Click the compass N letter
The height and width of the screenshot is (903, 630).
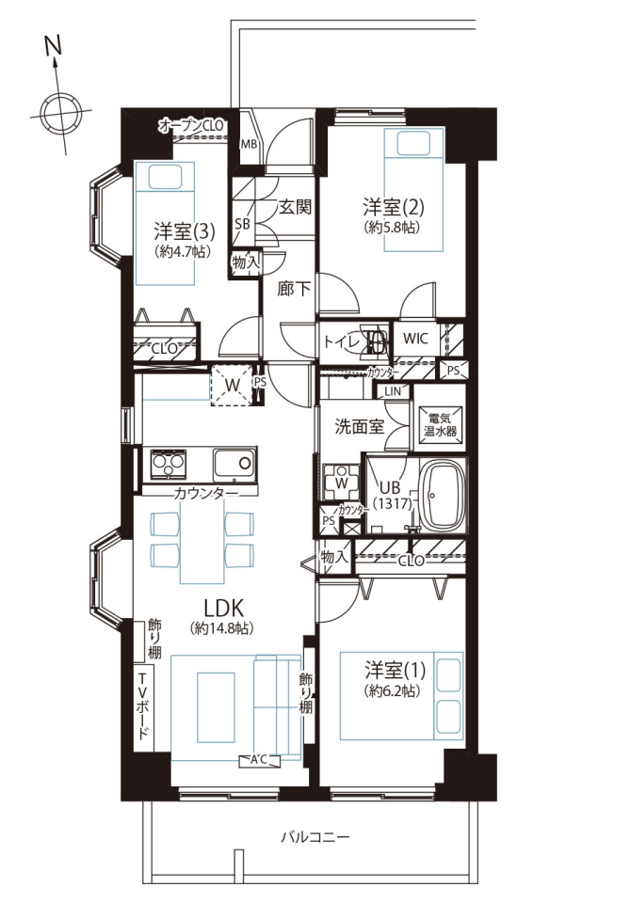[53, 47]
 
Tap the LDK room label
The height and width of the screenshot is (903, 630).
[223, 608]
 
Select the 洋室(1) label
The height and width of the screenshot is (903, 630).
[395, 671]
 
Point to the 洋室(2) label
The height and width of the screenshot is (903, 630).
[394, 206]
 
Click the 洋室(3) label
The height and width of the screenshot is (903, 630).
[185, 231]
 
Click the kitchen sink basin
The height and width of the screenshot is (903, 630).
[234, 465]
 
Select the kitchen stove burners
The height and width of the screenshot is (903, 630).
[169, 464]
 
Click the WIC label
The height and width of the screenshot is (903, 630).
[415, 338]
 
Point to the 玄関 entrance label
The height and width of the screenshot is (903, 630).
[296, 206]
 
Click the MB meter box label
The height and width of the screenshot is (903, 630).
[249, 144]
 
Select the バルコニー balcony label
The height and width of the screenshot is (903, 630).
[315, 836]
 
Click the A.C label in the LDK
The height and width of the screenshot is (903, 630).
[259, 760]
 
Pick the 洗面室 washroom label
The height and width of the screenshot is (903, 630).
[360, 427]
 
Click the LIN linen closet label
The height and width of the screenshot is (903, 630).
[393, 391]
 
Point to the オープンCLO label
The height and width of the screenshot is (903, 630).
[191, 125]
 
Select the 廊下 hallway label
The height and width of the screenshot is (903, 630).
[294, 289]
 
